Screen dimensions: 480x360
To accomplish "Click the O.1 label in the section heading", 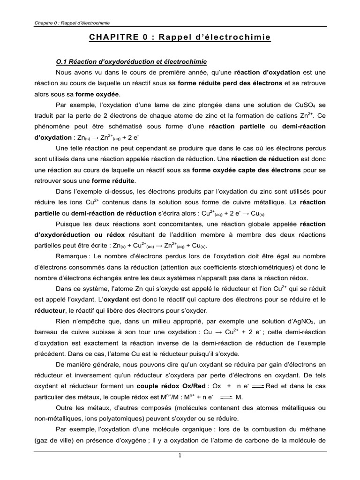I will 61,62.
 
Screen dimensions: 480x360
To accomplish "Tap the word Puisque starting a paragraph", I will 68,224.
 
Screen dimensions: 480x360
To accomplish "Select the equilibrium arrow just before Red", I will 258,386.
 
